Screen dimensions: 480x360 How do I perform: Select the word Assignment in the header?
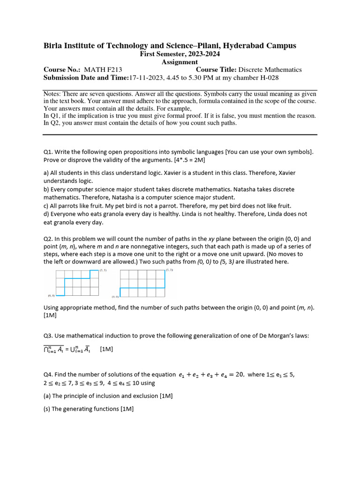coord(180,62)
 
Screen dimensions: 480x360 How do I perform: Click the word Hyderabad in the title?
coord(246,45)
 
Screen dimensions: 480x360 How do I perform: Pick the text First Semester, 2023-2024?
coord(180,54)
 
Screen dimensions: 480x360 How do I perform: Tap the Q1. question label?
coord(48,151)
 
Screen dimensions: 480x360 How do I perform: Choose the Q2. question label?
coord(48,239)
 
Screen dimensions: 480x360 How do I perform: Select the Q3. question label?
coord(48,336)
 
